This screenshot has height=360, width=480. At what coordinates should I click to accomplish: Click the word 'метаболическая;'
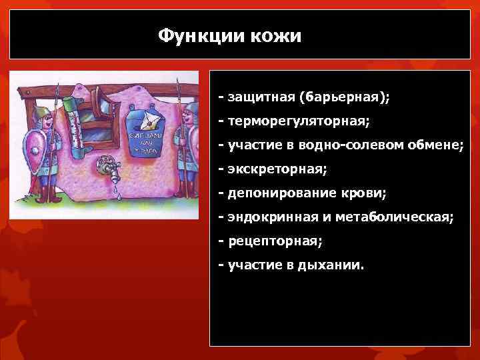391,217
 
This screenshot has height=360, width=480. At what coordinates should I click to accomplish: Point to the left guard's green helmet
41,111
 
